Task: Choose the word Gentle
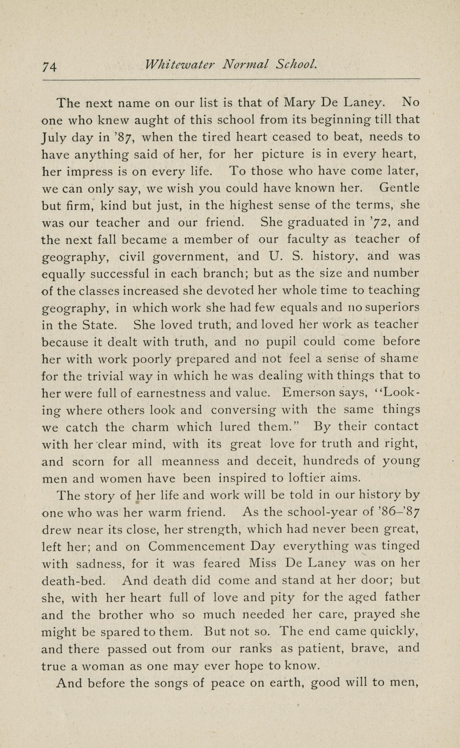399,188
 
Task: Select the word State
100,325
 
